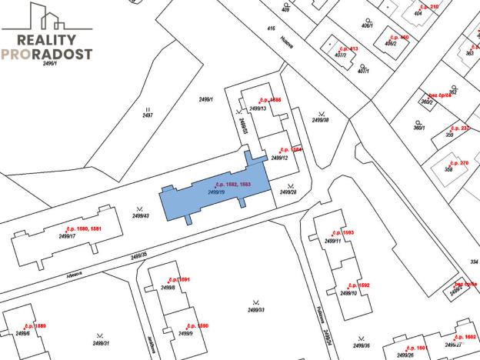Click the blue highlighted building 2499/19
(x=215, y=192)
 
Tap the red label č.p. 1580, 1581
(x=85, y=228)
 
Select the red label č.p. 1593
(x=343, y=232)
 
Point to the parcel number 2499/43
(x=140, y=216)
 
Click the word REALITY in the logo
(x=46, y=40)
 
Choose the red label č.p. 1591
(x=178, y=280)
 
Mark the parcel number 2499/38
(x=320, y=120)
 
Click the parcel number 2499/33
(x=256, y=309)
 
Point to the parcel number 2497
(x=148, y=115)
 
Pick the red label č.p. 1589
(x=35, y=326)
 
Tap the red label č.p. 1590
(x=198, y=326)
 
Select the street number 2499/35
(x=138, y=255)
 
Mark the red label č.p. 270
(x=460, y=163)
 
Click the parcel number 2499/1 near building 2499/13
(x=205, y=100)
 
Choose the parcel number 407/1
(x=363, y=72)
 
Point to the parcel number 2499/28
(x=288, y=192)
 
